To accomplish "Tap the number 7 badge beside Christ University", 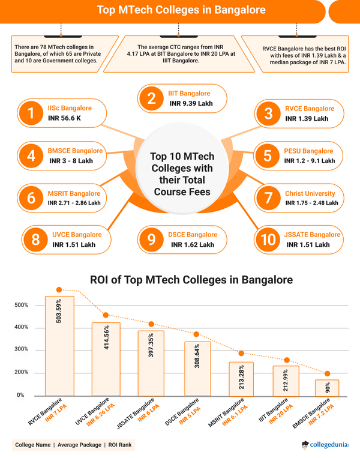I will [x=268, y=198].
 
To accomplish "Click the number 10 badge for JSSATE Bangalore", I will [x=268, y=240].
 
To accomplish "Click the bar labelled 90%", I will [x=326, y=387].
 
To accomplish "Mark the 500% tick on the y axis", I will [x=22, y=306].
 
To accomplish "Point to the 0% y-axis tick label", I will [x=20, y=395].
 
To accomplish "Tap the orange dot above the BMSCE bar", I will [x=327, y=373].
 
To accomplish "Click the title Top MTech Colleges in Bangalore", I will [x=179, y=10].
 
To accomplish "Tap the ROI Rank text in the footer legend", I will [x=119, y=445].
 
